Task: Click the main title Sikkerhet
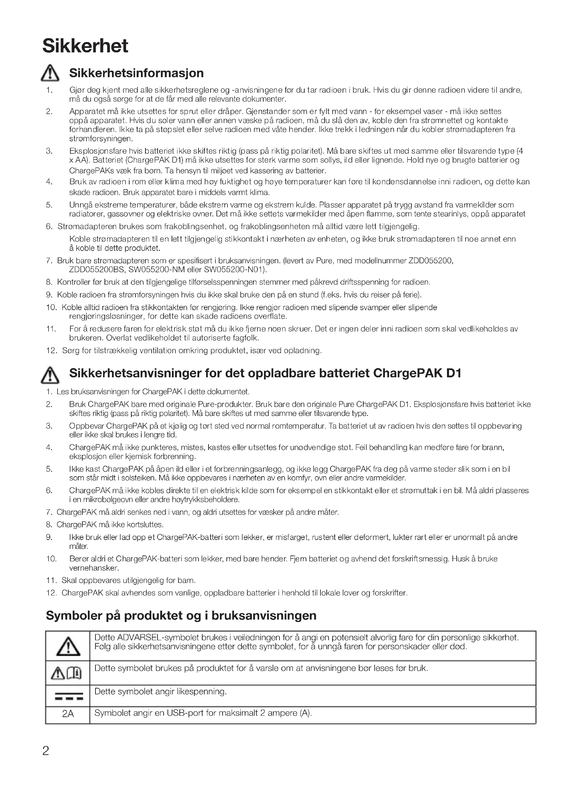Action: coord(85,46)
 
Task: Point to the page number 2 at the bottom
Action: coord(45,751)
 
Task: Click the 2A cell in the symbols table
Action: coord(68,714)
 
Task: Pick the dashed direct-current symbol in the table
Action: coord(69,698)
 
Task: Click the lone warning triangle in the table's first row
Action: coord(68,646)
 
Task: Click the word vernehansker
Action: coord(94,568)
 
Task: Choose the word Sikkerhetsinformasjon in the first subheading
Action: coord(136,73)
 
